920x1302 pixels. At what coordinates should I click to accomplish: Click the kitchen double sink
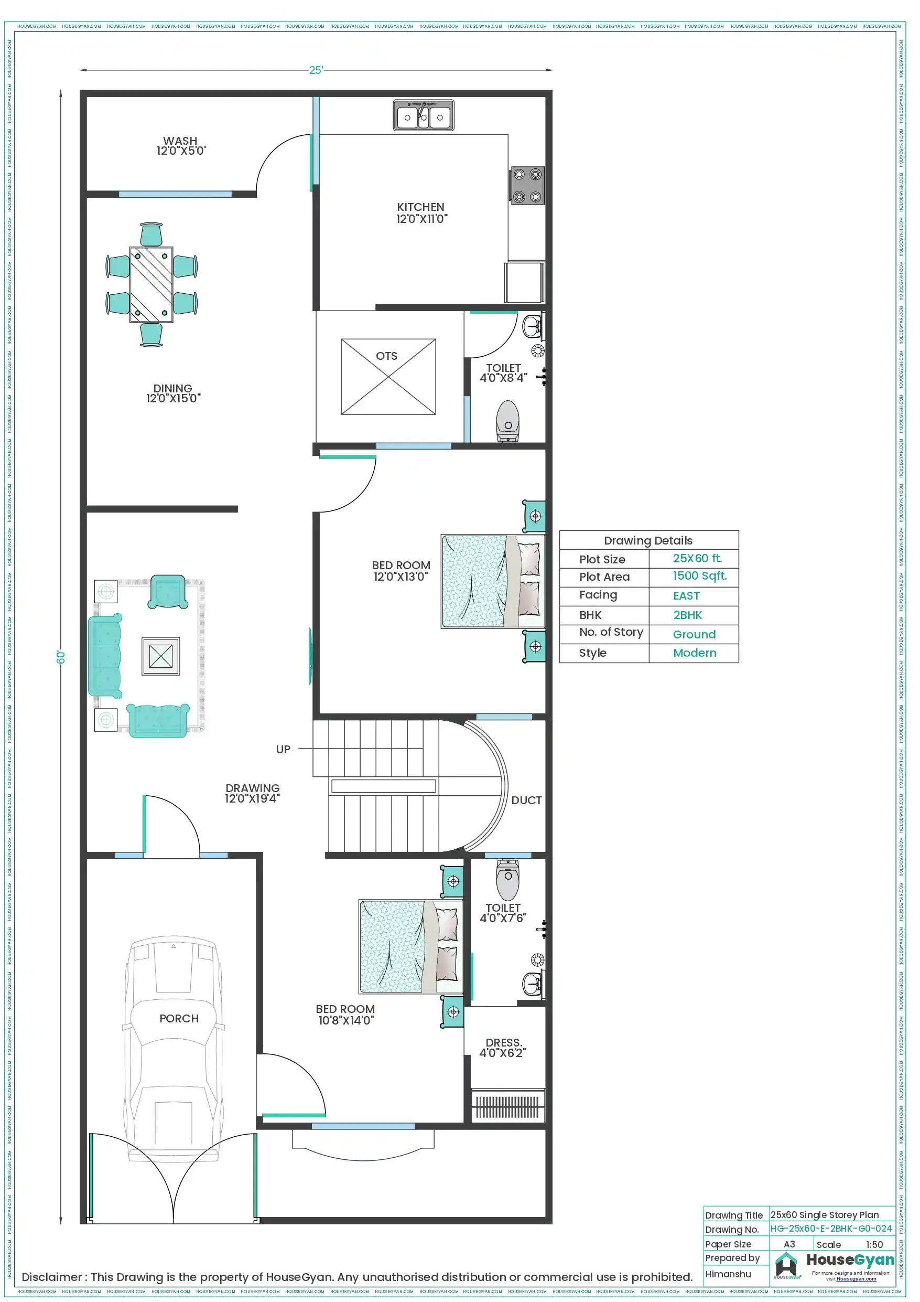424,116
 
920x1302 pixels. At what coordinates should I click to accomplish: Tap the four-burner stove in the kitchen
527,185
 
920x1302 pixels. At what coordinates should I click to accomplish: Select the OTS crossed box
388,377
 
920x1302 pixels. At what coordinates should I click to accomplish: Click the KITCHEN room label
421,213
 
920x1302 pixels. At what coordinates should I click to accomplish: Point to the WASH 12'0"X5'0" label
181,146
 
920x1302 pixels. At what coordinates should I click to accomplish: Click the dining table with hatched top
151,284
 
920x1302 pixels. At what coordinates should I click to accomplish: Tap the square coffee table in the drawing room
161,656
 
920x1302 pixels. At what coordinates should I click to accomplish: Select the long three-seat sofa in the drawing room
104,656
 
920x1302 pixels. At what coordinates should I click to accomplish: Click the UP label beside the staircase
283,749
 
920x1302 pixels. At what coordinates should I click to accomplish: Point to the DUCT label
526,800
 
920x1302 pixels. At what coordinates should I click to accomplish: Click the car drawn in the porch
174,1049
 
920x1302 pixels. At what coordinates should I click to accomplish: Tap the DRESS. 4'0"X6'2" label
503,1048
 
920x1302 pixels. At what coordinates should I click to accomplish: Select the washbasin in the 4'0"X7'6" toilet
533,984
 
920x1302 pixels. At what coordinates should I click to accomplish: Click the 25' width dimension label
316,70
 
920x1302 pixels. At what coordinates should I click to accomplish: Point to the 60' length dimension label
61,657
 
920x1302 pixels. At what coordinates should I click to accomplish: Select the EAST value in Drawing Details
686,596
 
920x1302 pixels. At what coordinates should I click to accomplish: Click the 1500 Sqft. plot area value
699,576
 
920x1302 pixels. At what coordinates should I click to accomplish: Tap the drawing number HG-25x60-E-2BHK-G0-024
830,1228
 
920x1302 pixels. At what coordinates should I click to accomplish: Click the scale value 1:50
873,1244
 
